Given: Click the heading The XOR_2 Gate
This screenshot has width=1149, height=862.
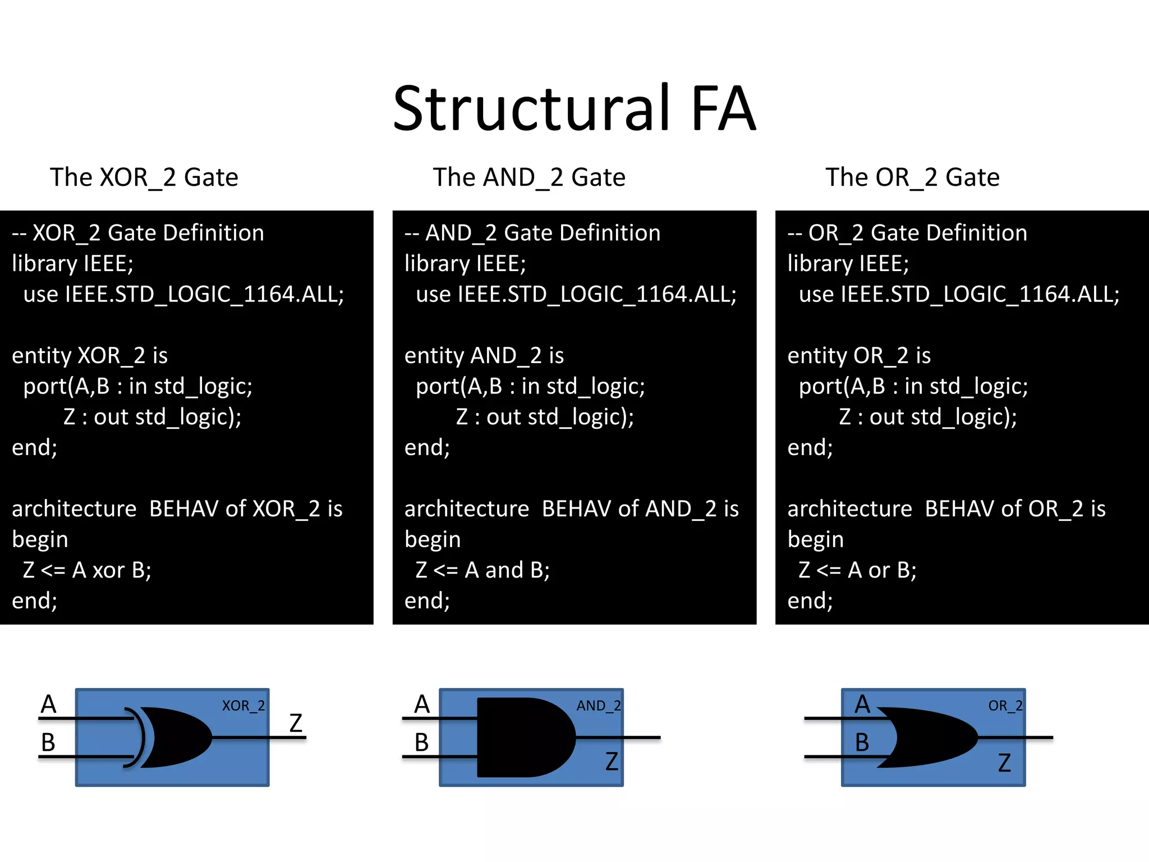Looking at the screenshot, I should (144, 177).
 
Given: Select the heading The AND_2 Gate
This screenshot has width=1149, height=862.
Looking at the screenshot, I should (529, 177).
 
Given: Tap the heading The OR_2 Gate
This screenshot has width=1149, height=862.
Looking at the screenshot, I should (912, 177).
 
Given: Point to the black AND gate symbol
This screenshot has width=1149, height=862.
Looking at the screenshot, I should (522, 737).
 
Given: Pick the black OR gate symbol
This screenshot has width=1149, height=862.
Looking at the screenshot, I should (931, 737).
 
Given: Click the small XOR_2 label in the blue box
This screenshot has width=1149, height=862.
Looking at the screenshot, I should (243, 705).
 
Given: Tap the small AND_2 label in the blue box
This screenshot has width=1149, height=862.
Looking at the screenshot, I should (599, 705).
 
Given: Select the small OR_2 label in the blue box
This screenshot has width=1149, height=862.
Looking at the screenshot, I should (1005, 705).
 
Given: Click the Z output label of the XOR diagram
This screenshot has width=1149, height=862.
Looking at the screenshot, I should (296, 723).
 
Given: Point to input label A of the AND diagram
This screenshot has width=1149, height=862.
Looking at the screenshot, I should (422, 704).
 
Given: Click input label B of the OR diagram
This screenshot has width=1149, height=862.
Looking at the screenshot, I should (862, 743).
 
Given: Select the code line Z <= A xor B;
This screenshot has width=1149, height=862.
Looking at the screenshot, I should (87, 570).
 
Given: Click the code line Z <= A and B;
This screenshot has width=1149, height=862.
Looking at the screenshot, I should (482, 570).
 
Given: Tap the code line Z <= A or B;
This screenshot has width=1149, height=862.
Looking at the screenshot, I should (857, 570).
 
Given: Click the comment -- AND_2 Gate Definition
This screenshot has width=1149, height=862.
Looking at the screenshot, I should (532, 233).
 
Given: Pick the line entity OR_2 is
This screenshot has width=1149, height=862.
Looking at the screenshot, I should (859, 355).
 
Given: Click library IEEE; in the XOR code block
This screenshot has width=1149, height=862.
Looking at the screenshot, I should (73, 264).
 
